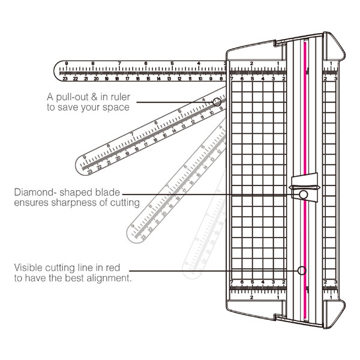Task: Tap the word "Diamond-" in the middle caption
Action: point(35,193)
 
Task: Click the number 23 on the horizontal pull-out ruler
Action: point(65,78)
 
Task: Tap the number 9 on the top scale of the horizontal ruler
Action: point(65,64)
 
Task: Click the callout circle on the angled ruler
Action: point(217,103)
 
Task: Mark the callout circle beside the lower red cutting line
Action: point(302,270)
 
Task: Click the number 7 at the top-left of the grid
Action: point(232,78)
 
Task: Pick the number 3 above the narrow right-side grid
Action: point(335,78)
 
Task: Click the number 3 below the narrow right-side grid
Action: point(335,281)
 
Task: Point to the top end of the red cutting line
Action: point(305,41)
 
